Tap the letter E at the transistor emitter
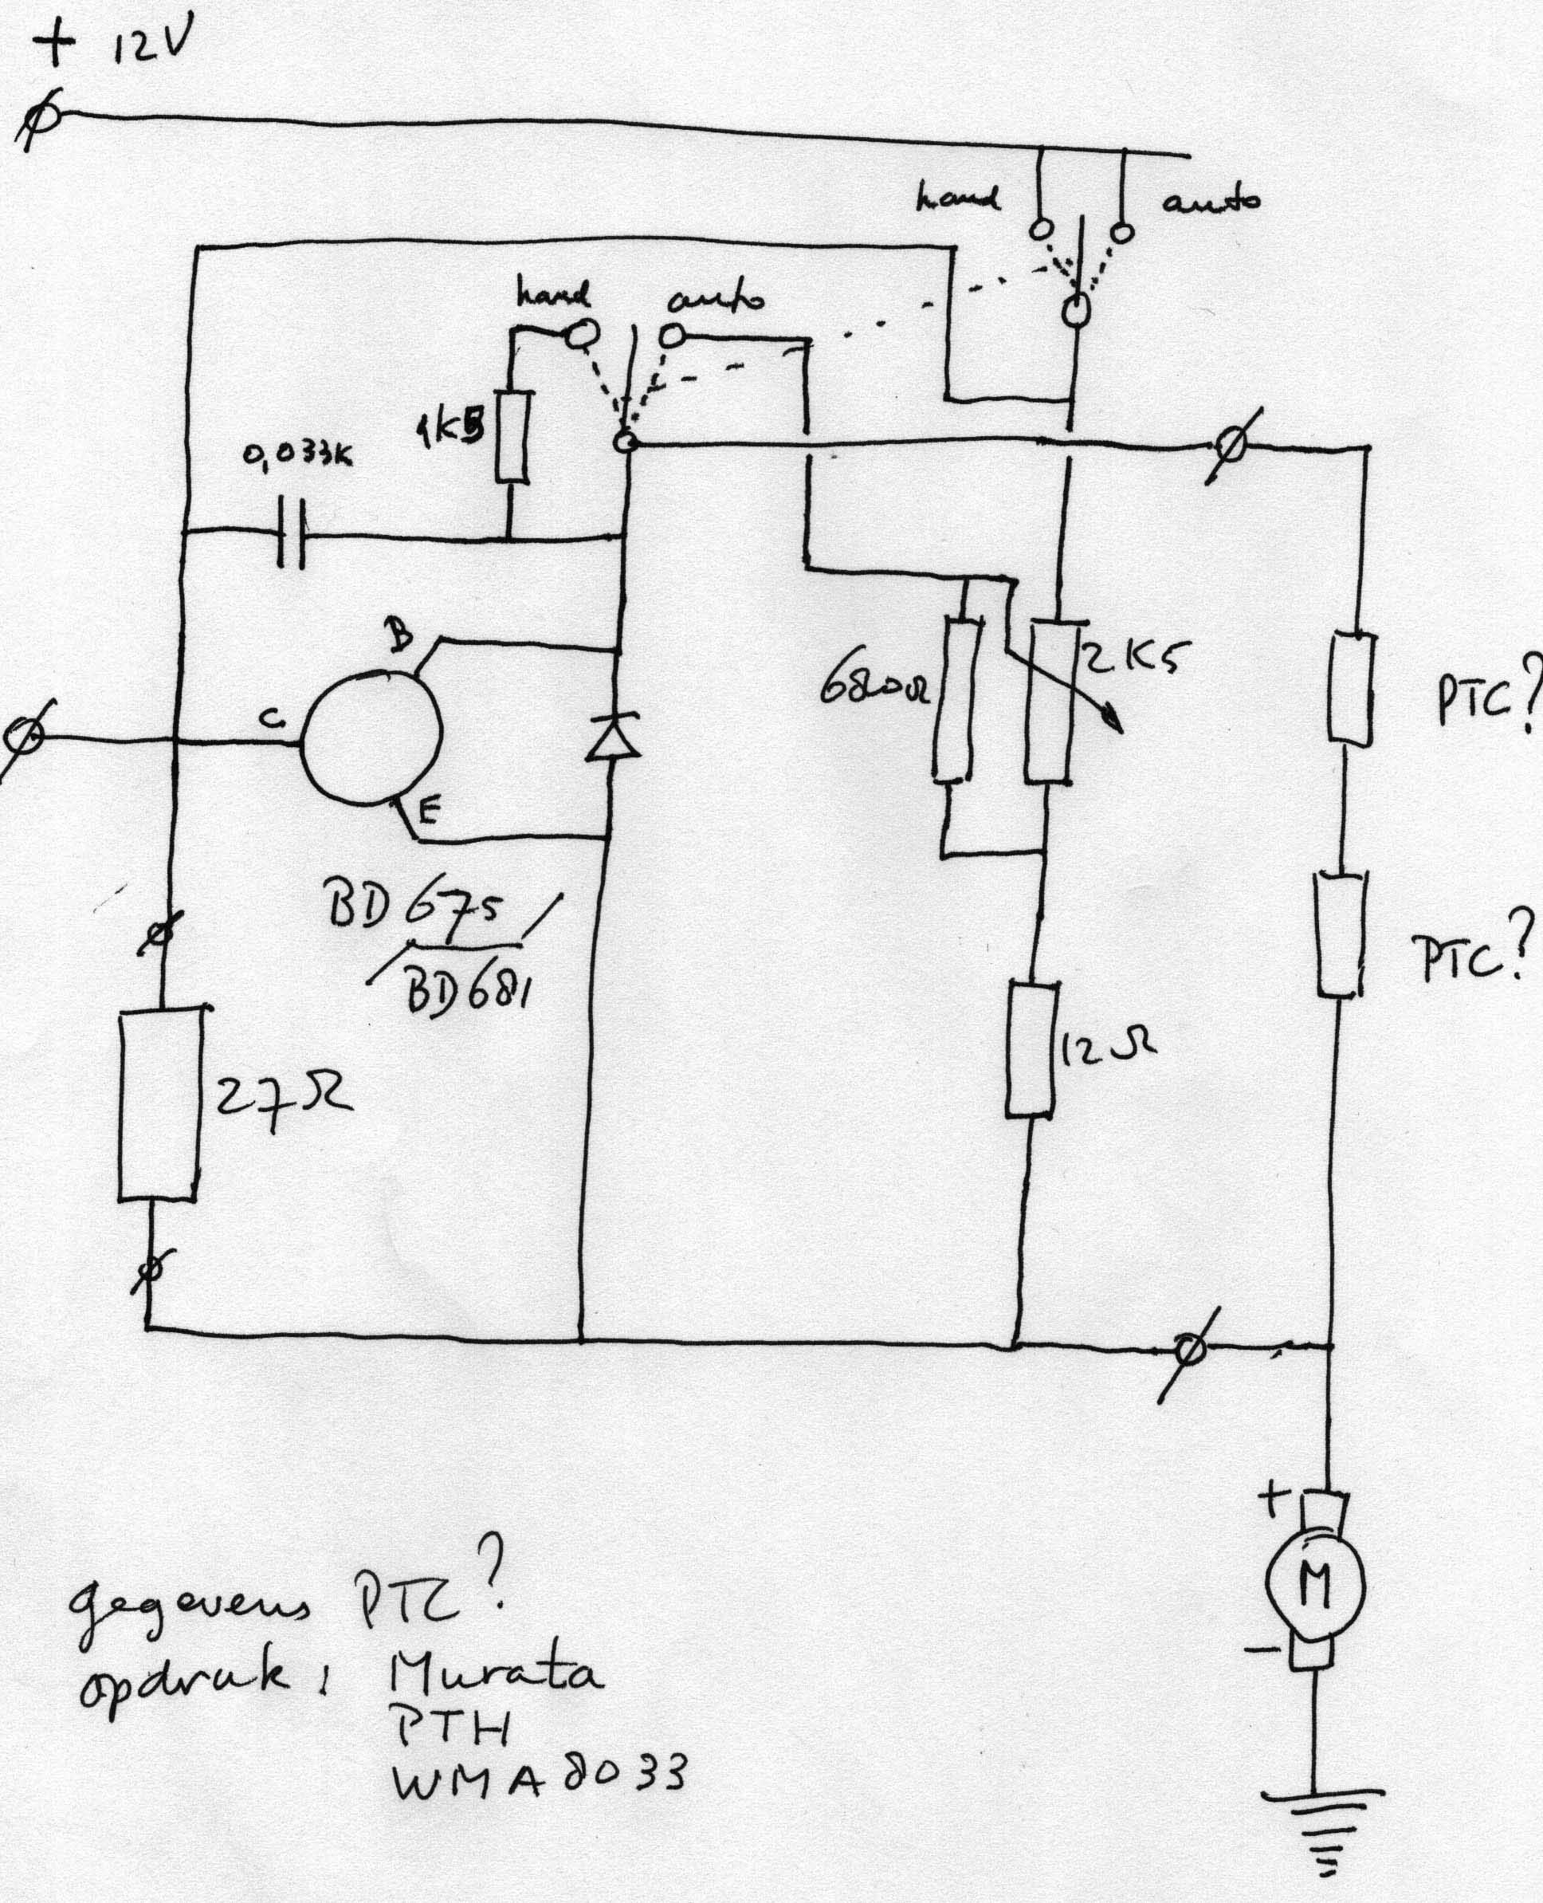(x=427, y=810)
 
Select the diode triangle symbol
(x=613, y=737)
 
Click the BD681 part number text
(x=466, y=988)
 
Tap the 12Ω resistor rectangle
(x=1032, y=1049)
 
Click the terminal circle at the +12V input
(x=37, y=122)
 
